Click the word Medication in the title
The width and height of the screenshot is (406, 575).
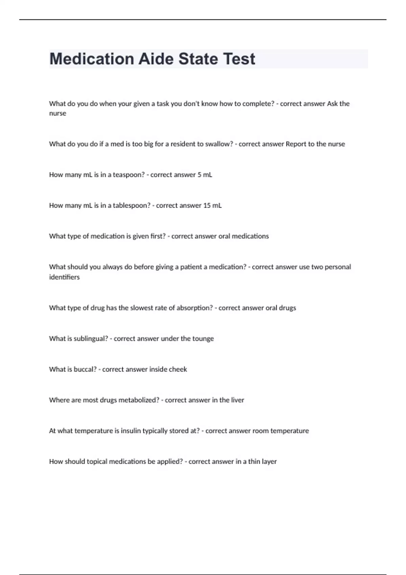click(x=91, y=59)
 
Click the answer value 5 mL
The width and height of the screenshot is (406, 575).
click(x=205, y=175)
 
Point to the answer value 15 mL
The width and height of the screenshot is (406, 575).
click(x=212, y=206)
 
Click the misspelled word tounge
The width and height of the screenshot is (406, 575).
click(x=203, y=339)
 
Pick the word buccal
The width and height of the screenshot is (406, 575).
click(x=85, y=369)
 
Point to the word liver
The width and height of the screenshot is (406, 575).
click(x=237, y=400)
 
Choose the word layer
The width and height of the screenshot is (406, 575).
click(x=269, y=462)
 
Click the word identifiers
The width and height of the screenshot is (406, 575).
click(x=64, y=277)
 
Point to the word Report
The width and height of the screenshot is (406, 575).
click(x=296, y=144)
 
